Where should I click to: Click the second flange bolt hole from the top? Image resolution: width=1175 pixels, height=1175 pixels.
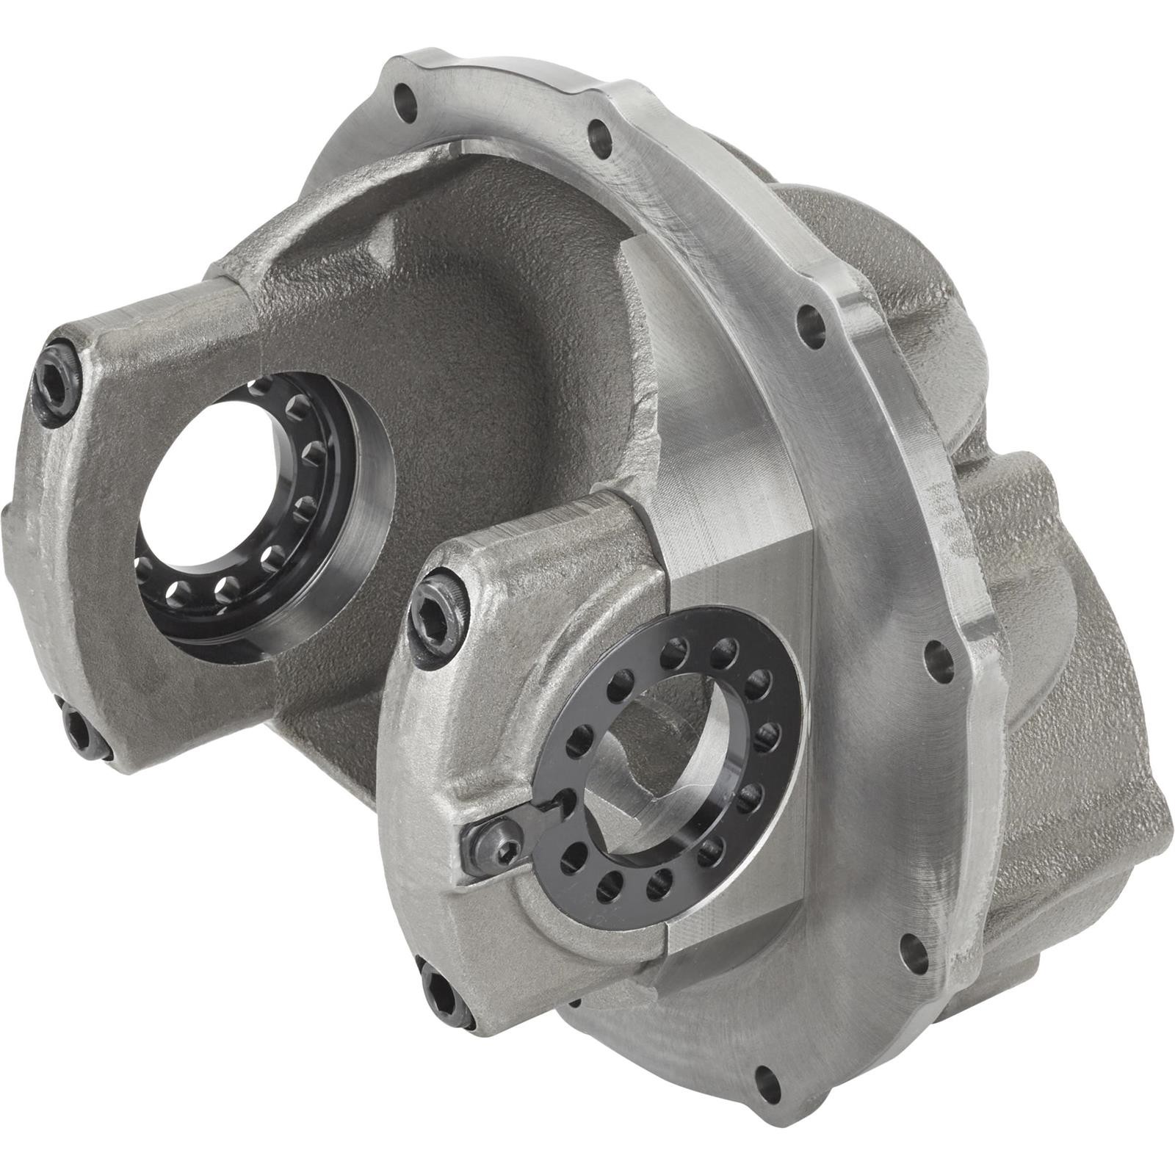coord(599,136)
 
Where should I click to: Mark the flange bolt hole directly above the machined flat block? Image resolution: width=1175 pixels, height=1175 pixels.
coord(810,320)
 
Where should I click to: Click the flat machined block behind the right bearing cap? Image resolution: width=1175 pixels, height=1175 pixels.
coord(734,529)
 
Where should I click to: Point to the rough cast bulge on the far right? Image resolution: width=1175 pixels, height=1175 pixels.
coord(1087,734)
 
